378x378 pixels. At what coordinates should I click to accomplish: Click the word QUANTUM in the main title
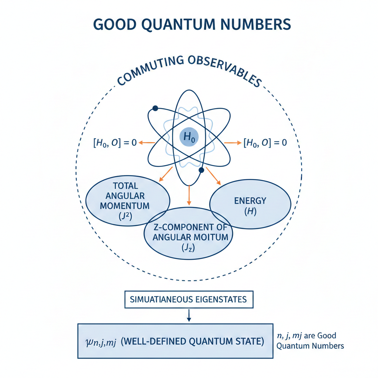click(x=185, y=24)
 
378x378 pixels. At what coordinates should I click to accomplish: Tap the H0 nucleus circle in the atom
click(x=189, y=137)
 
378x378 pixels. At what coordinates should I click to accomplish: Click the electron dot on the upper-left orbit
click(x=155, y=108)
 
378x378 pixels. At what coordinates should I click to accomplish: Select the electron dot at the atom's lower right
click(x=201, y=170)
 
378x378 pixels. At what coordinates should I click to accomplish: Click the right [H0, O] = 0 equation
click(x=265, y=143)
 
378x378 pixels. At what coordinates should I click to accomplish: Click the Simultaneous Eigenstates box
click(x=189, y=299)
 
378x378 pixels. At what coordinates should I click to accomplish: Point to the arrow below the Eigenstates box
click(x=189, y=315)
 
